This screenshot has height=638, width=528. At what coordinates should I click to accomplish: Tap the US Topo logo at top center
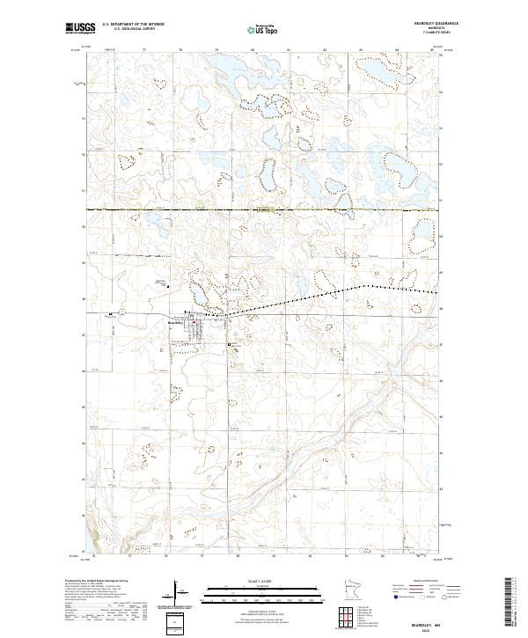coord(263,30)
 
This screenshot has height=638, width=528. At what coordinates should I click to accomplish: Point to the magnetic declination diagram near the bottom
coord(176,593)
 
